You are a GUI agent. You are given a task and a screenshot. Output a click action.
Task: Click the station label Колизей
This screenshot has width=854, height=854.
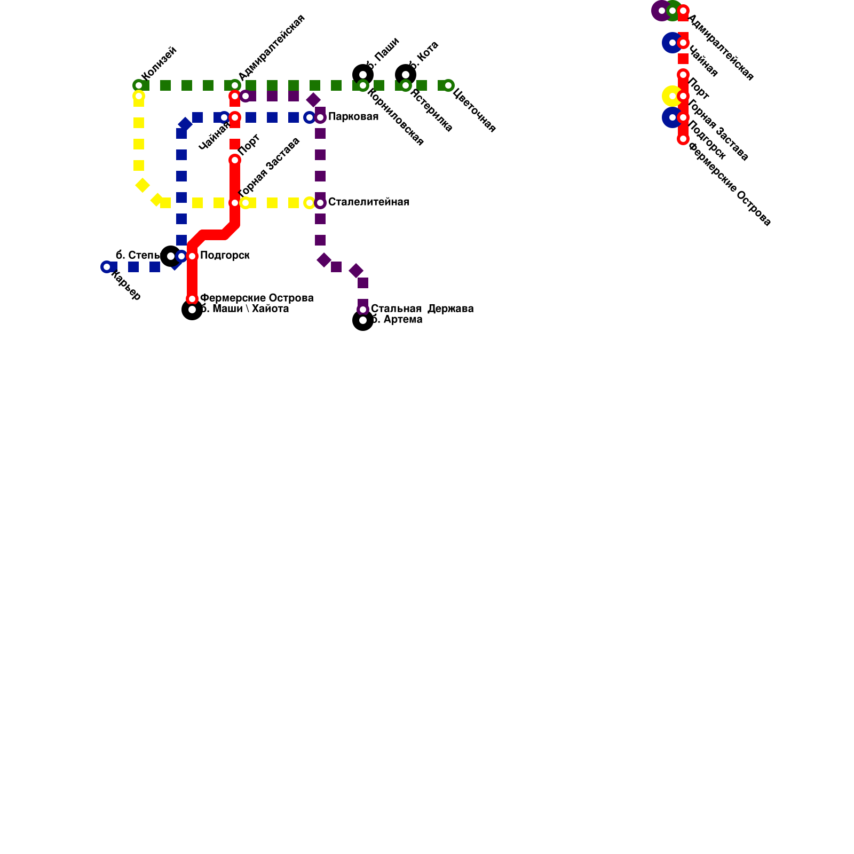[x=159, y=64]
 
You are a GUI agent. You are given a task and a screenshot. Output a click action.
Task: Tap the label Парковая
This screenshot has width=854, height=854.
[x=353, y=117]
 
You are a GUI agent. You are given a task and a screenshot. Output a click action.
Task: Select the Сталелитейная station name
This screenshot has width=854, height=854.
[x=368, y=202]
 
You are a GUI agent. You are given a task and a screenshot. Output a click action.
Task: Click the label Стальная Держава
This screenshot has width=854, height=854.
[x=422, y=309]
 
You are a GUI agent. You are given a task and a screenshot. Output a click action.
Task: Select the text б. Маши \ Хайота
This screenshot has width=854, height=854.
[x=244, y=309]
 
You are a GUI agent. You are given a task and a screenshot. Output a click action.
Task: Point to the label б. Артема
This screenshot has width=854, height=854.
[x=397, y=320]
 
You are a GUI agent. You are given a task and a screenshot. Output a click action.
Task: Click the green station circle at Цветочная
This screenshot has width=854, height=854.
[x=448, y=85]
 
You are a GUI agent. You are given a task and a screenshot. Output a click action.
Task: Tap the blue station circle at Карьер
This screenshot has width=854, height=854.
[x=107, y=267]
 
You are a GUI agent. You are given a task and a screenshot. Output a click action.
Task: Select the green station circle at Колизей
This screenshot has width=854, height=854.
[x=139, y=85]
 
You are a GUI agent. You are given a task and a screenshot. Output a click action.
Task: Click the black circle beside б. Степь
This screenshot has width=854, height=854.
[x=170, y=256]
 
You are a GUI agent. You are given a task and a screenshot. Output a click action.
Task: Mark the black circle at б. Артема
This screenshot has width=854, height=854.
[x=363, y=320]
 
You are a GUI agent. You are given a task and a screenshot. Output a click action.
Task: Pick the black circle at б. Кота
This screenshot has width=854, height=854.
[x=406, y=74]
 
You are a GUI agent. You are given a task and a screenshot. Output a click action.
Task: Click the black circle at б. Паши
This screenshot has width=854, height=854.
[x=363, y=74]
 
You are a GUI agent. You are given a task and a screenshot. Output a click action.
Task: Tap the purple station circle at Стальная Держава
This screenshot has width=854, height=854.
[x=363, y=310]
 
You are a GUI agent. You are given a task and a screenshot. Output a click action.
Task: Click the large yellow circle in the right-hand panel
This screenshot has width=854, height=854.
[x=671, y=96]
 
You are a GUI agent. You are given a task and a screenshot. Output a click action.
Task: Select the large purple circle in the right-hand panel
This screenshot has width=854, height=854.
[x=661, y=11]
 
